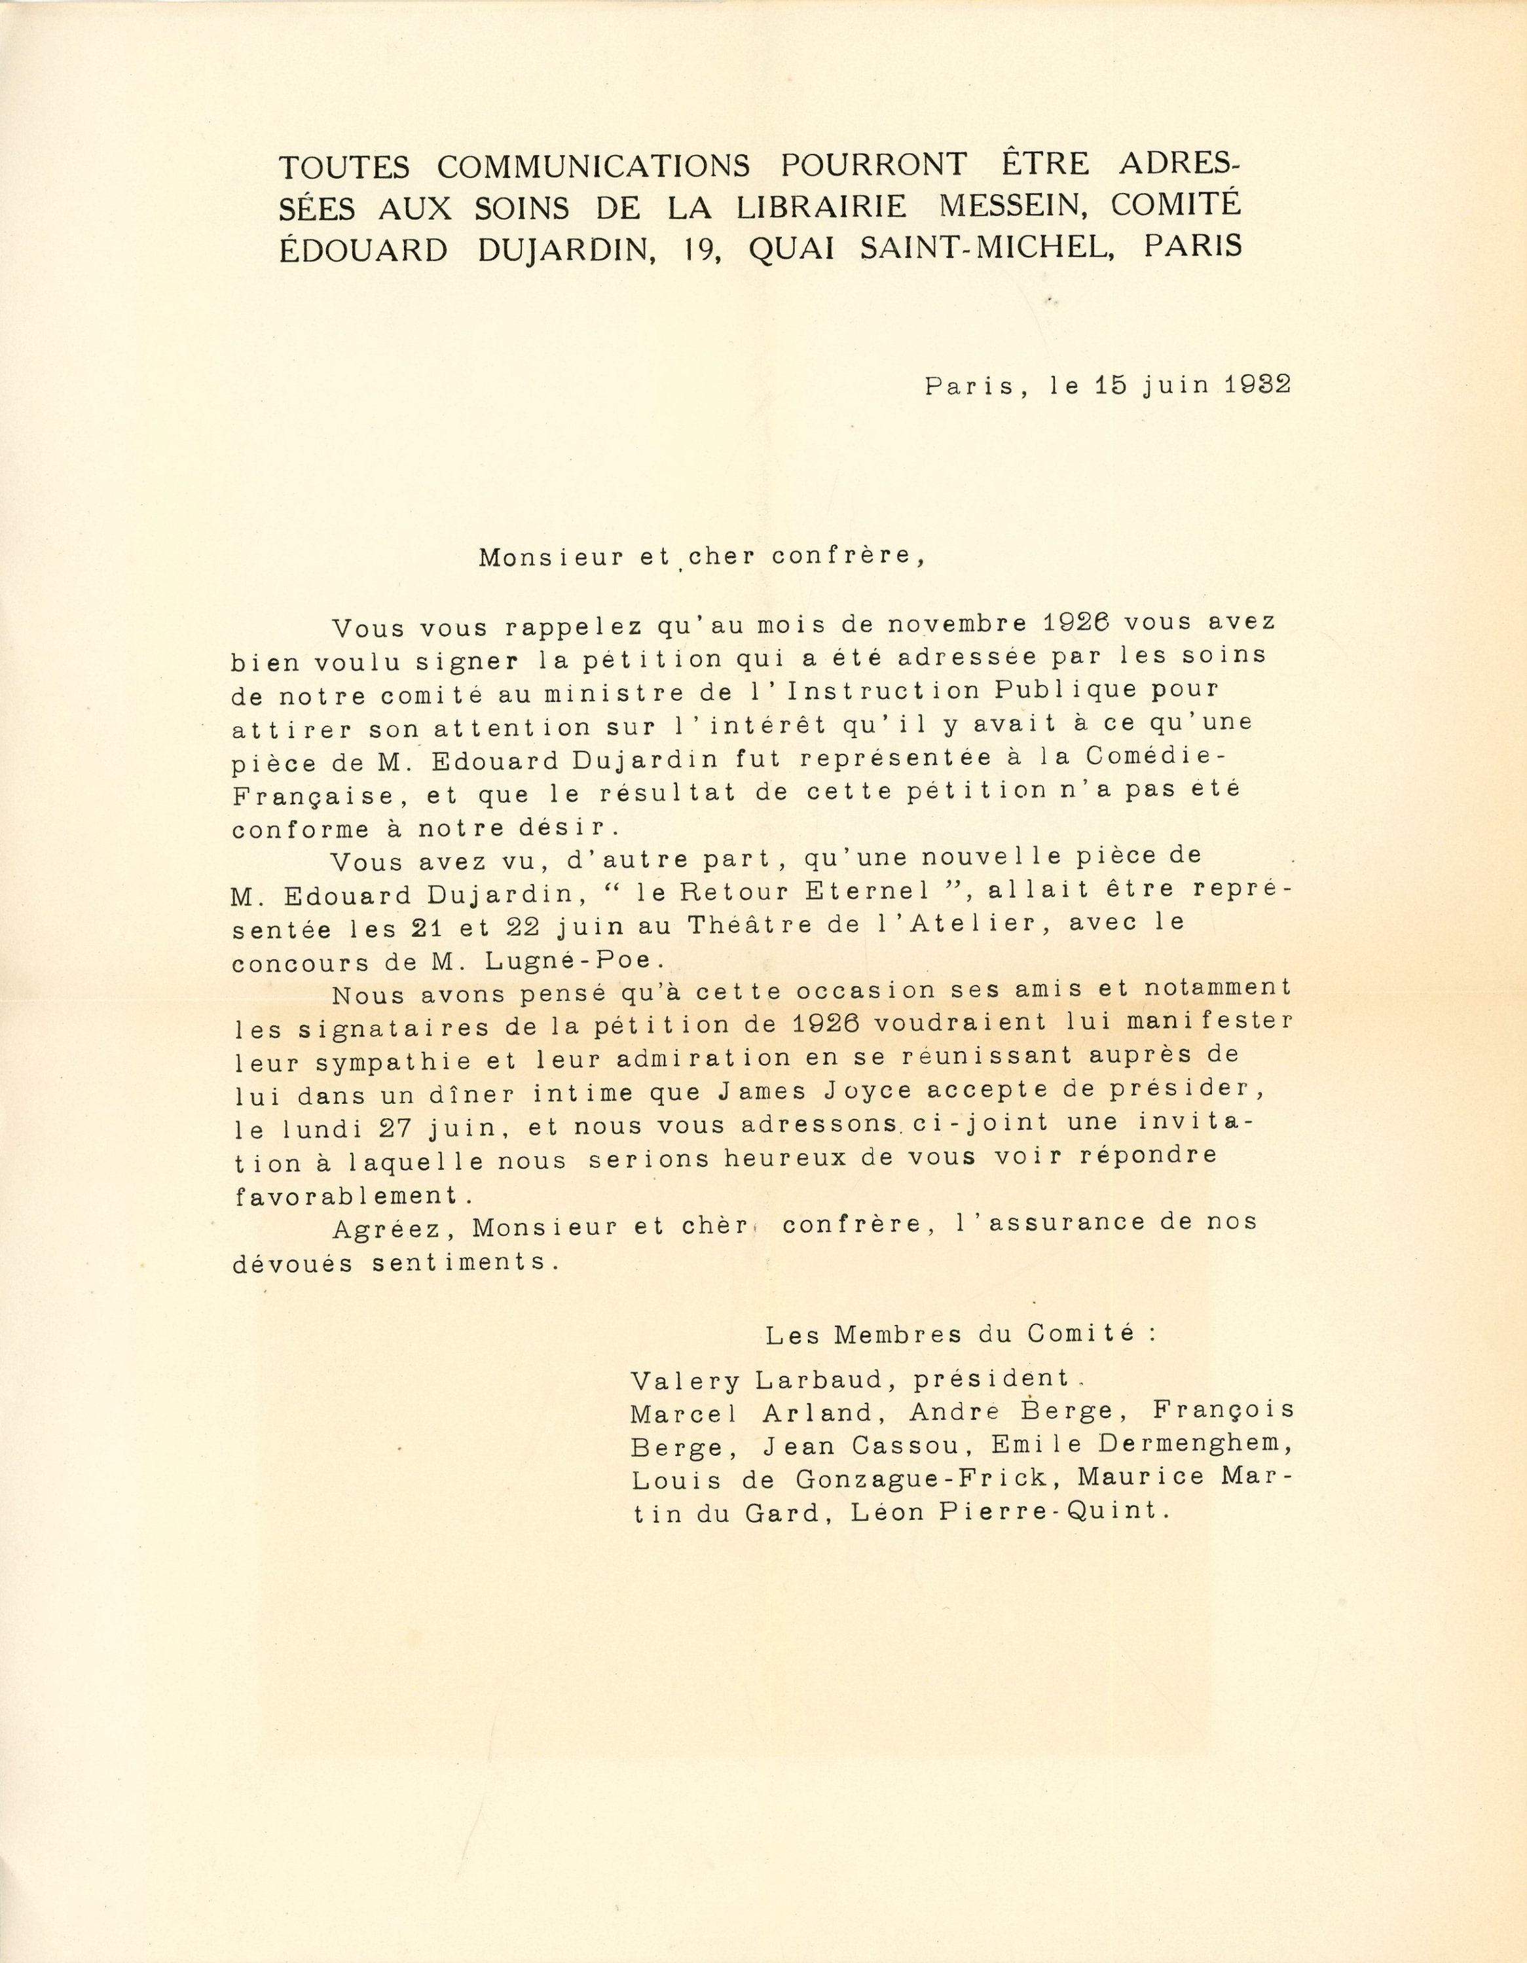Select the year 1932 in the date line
coord(1258,385)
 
